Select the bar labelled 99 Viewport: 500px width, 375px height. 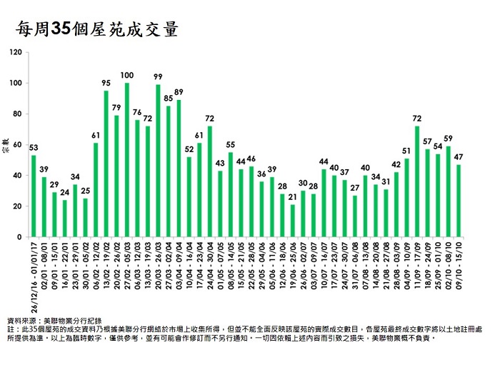(158, 161)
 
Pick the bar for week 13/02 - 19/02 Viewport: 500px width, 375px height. (106, 164)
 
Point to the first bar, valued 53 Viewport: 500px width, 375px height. (34, 196)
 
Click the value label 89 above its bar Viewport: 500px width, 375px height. (179, 92)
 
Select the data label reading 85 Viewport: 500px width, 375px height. (168, 98)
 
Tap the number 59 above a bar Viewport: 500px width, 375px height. (448, 139)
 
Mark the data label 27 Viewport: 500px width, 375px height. (355, 187)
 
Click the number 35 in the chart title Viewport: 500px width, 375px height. (63, 30)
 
